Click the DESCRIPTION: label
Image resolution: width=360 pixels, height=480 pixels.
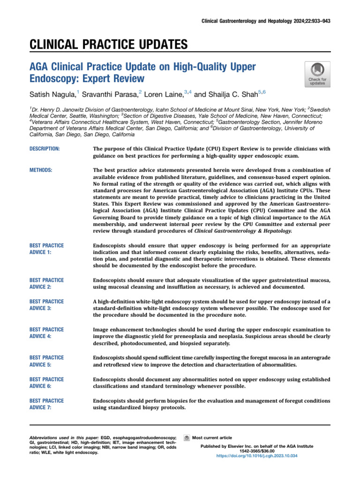tap(45, 149)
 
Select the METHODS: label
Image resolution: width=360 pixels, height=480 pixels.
tap(41, 170)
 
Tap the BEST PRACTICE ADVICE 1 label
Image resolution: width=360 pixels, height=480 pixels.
tap(46, 249)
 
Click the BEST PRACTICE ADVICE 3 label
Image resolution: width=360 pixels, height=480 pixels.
tap(46, 305)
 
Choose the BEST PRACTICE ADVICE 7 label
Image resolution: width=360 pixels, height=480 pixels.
tap(46, 405)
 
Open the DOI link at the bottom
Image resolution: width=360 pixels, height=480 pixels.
tap(257, 455)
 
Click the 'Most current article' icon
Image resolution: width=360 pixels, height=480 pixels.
tap(187, 438)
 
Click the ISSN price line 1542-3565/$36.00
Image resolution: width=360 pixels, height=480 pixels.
tap(257, 450)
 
